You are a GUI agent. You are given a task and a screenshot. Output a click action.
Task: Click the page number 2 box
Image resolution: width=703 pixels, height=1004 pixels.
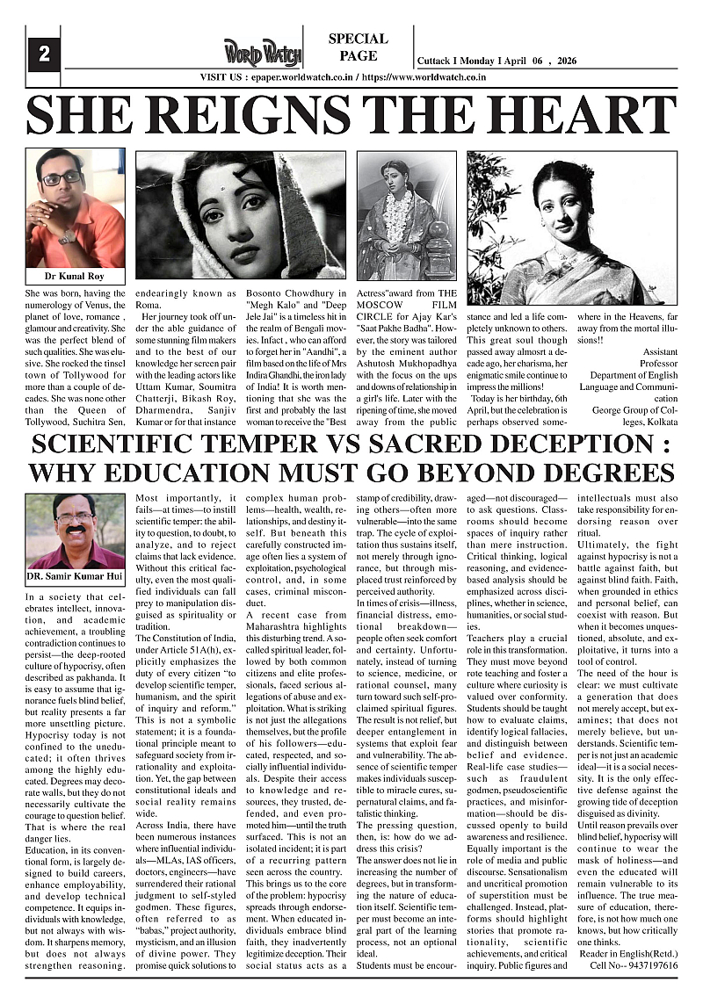coord(44,54)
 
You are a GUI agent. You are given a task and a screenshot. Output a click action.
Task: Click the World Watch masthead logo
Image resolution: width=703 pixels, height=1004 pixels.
coord(261,52)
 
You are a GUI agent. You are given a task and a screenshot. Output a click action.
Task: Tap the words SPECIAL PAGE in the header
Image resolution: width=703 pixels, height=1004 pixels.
coord(358,47)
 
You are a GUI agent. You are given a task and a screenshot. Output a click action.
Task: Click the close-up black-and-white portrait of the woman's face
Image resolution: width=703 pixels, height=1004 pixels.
coord(239,214)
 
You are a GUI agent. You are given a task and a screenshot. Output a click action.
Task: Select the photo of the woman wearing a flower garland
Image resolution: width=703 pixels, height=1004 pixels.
coord(406,215)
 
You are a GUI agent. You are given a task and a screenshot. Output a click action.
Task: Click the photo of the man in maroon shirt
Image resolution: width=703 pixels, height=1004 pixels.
coord(76,531)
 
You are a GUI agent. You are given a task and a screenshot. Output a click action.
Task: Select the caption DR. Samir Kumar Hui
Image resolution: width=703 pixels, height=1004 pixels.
coord(76,577)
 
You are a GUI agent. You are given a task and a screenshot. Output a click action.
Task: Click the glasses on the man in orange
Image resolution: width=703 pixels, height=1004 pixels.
coord(62,178)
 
